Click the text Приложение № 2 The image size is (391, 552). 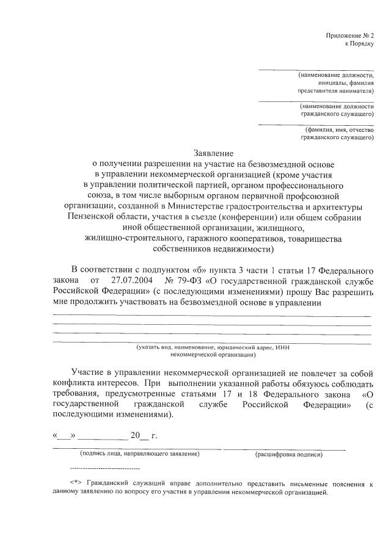click(349, 37)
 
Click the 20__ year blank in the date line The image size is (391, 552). click(135, 435)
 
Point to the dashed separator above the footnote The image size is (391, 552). click(105, 468)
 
